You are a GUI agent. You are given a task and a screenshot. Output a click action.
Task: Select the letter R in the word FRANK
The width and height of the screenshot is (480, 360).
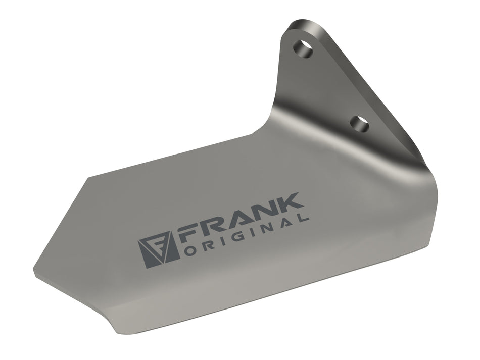215,227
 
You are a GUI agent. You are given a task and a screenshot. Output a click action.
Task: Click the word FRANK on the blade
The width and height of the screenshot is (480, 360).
242,219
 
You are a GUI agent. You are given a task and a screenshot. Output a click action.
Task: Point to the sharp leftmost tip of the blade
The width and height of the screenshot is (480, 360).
34,268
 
